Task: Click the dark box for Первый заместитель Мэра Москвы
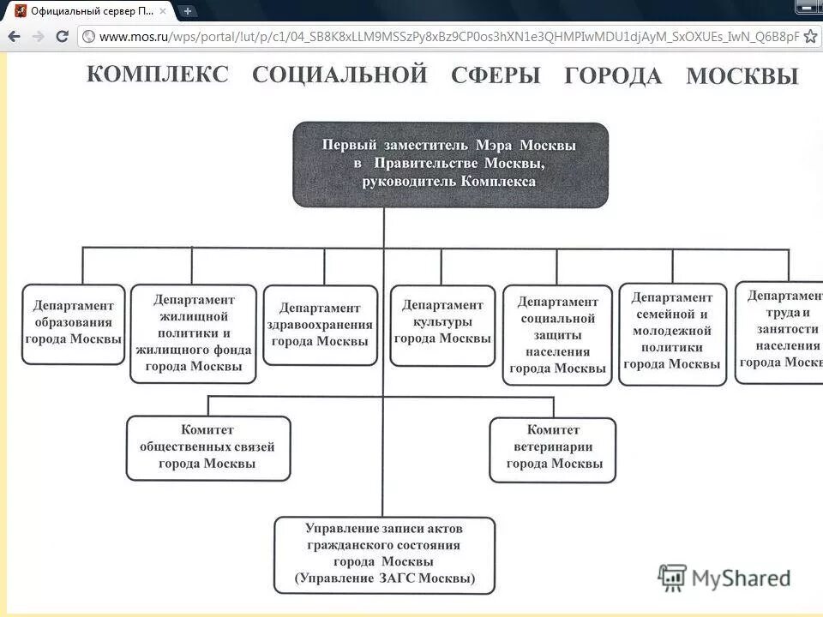450,165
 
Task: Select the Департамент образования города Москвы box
73,324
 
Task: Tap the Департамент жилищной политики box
193,333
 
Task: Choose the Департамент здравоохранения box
321,325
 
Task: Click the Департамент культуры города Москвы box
442,322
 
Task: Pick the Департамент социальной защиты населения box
557,335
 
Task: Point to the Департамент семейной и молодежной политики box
672,332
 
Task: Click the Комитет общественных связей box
207,447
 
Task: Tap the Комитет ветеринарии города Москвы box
553,449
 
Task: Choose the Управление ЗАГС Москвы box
384,554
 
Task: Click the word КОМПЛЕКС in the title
158,74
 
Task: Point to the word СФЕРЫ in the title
496,75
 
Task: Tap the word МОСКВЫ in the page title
742,76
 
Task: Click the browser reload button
62,36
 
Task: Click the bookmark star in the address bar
810,36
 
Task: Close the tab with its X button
163,11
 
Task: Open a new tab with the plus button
187,11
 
